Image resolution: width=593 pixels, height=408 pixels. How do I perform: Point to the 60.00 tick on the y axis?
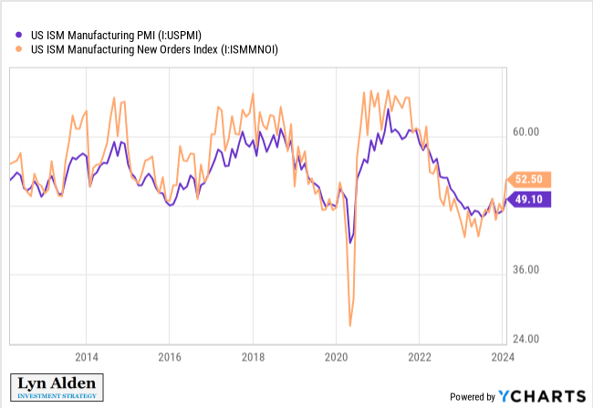pyautogui.click(x=527, y=132)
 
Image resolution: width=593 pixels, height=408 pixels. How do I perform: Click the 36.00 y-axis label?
pyautogui.click(x=527, y=270)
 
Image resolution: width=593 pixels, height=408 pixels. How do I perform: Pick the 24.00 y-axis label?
pyautogui.click(x=527, y=339)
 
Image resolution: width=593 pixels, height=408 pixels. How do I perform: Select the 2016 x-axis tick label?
pyautogui.click(x=169, y=356)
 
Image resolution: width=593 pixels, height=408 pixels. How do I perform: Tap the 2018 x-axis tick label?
pyautogui.click(x=253, y=356)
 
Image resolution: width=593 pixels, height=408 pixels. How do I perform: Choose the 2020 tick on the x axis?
pyautogui.click(x=336, y=356)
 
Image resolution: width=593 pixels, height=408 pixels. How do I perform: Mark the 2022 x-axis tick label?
pyautogui.click(x=420, y=356)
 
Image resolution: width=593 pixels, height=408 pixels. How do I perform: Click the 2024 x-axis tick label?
pyautogui.click(x=503, y=356)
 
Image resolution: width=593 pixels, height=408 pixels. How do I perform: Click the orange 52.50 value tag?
pyautogui.click(x=529, y=179)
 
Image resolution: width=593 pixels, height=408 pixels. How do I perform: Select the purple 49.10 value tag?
pyautogui.click(x=529, y=198)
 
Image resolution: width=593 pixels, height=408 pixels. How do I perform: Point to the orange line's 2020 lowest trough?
pyautogui.click(x=350, y=326)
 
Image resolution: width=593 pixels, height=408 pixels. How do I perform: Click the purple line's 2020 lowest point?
pyautogui.click(x=350, y=243)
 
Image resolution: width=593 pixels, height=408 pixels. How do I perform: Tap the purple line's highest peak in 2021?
pyautogui.click(x=388, y=110)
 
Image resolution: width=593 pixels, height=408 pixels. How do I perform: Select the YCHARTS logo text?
pyautogui.click(x=542, y=395)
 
